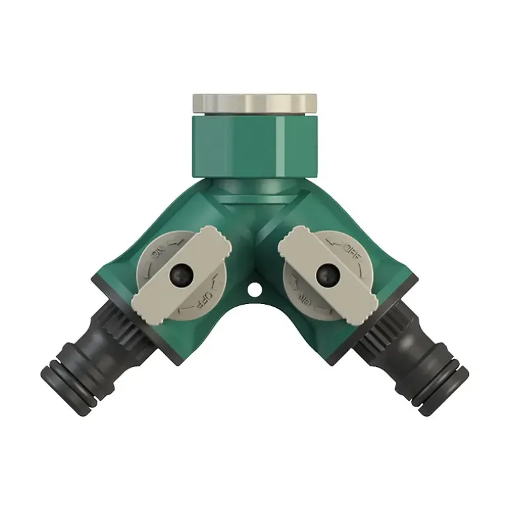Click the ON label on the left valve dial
point(159,252)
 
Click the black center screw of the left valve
point(181,276)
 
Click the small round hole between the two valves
point(255,289)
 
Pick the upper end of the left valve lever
point(215,240)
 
